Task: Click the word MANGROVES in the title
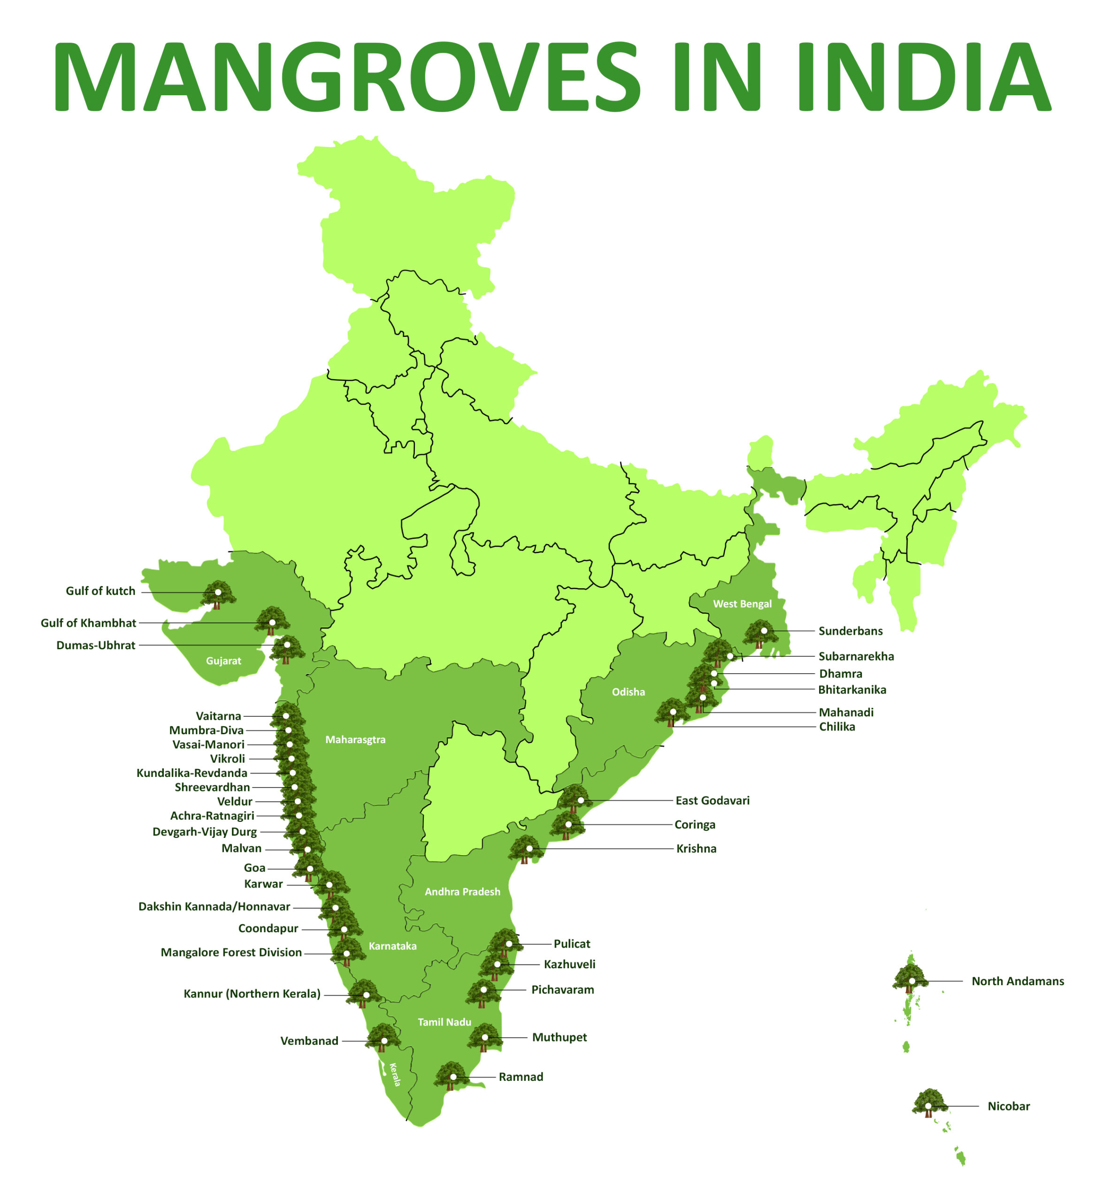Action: click(346, 76)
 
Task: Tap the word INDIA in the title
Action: click(923, 76)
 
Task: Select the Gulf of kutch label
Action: click(100, 591)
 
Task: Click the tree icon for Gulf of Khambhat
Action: click(272, 621)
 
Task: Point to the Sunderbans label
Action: click(850, 631)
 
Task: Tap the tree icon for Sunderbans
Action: click(760, 633)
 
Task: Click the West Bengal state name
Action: click(742, 604)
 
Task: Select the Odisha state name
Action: click(629, 692)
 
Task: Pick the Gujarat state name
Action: click(223, 661)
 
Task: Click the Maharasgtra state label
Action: click(355, 740)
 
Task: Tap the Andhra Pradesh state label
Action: click(462, 892)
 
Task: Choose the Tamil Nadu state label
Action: click(445, 1022)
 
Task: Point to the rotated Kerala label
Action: click(395, 1074)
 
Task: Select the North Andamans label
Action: click(1017, 981)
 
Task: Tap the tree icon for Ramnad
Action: click(452, 1076)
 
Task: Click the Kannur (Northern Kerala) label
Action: click(252, 994)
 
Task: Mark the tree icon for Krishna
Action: click(526, 849)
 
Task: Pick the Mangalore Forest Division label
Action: click(231, 952)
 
